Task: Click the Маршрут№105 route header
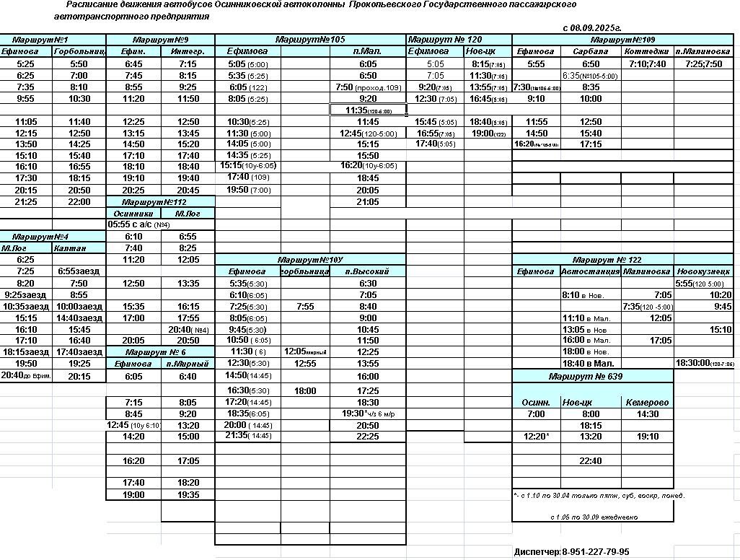[x=310, y=39]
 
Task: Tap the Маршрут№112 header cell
[x=160, y=202]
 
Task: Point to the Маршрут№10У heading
[x=310, y=259]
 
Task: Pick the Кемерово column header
[x=647, y=402]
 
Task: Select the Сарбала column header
[x=590, y=51]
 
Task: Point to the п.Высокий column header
[x=367, y=271]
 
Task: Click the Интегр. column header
[x=188, y=51]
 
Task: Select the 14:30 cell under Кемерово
[x=647, y=414]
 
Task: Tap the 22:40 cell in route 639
[x=590, y=460]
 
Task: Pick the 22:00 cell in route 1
[x=79, y=202]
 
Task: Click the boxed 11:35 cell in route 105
[x=368, y=110]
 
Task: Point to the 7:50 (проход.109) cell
[x=368, y=87]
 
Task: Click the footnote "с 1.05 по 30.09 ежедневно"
[x=592, y=517]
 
